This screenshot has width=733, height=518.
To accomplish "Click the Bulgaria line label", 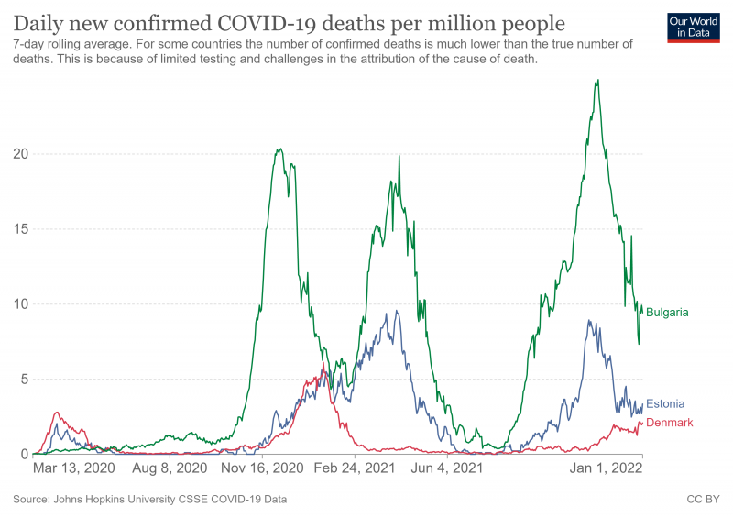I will pos(667,313).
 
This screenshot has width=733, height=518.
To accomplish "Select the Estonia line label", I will pos(665,403).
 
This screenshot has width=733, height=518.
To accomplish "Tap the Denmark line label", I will pos(669,423).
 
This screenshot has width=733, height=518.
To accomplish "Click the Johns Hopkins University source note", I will pos(150,500).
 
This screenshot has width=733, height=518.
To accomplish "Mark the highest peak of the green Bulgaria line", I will pos(597,81).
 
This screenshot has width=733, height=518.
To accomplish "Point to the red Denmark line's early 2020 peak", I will pos(58,413).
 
